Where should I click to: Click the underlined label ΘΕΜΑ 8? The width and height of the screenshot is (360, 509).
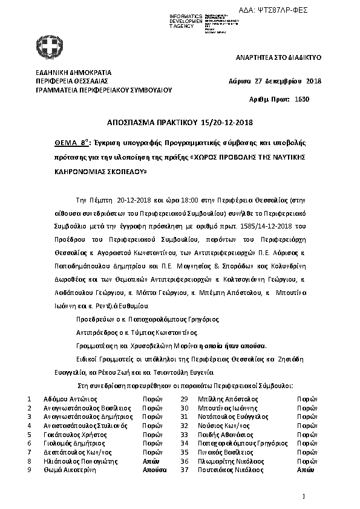coord(69,143)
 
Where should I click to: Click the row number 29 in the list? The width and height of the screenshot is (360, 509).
coord(185,399)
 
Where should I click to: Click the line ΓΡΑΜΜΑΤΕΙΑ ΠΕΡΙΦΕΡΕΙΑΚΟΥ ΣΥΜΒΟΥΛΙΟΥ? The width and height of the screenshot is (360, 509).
coord(104,89)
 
